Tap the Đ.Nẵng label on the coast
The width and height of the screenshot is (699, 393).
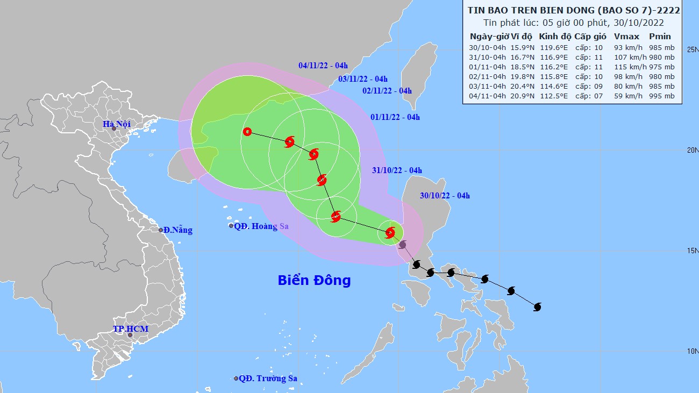click(177, 230)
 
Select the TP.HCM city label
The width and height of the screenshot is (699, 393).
click(130, 328)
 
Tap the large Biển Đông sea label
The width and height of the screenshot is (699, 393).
click(314, 280)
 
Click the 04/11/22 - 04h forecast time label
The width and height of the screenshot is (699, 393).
click(323, 66)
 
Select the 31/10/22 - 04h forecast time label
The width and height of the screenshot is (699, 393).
click(397, 170)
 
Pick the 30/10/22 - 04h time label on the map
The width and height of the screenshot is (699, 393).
click(445, 196)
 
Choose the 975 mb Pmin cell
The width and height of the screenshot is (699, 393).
click(661, 67)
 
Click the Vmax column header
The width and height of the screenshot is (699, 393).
click(626, 37)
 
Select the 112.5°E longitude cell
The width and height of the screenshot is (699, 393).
click(554, 96)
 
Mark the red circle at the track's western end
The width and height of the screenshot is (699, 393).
click(247, 131)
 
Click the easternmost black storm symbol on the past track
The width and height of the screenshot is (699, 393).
click(537, 307)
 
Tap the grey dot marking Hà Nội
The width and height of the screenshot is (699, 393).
click(113, 128)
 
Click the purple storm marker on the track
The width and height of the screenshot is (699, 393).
click(403, 245)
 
